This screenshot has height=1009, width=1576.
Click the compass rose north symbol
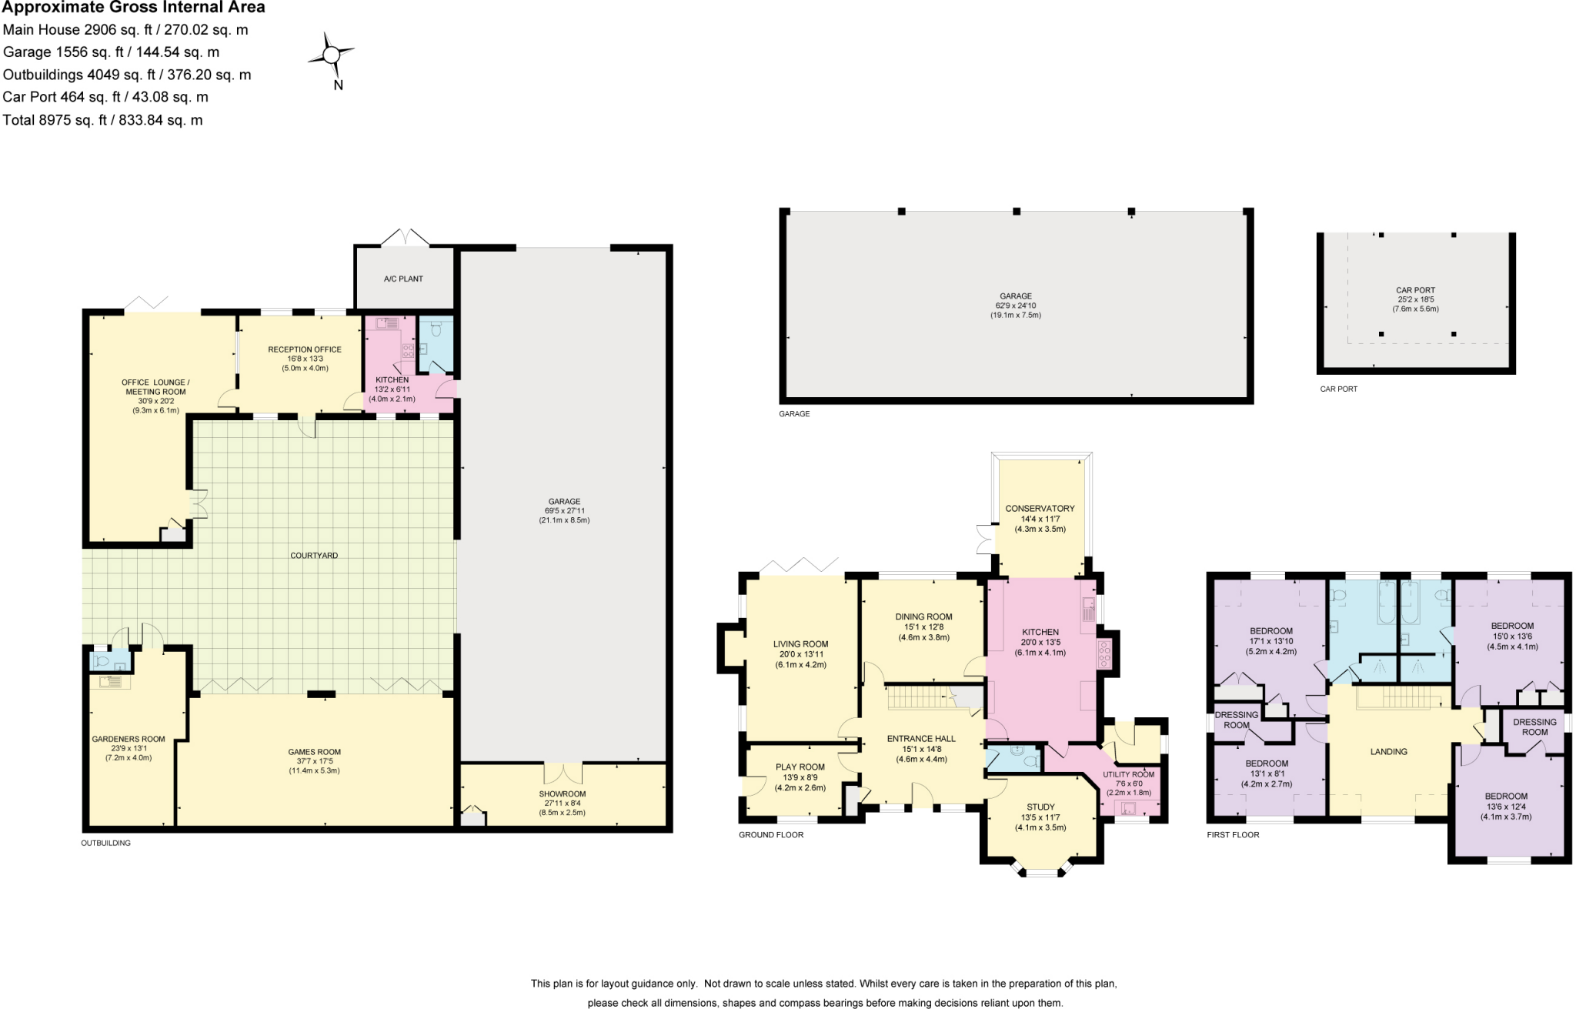(332, 56)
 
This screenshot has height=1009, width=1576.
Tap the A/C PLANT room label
(403, 279)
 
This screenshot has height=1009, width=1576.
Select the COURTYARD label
(314, 555)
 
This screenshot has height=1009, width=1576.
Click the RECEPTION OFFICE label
(305, 349)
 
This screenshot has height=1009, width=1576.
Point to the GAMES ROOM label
(314, 752)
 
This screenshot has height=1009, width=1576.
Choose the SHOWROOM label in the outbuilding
(562, 794)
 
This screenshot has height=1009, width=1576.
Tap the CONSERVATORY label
(1040, 508)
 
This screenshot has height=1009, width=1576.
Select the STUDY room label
(1040, 807)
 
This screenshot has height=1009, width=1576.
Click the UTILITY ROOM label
(1128, 774)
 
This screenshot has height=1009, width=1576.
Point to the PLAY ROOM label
(800, 767)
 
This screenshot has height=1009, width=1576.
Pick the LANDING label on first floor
(1388, 751)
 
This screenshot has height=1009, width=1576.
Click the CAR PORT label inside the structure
(1415, 290)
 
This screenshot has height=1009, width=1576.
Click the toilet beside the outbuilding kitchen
(436, 331)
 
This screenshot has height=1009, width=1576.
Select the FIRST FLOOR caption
(1233, 834)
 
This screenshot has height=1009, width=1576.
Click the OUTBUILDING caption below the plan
(105, 843)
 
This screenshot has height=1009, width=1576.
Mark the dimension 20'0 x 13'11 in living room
(800, 654)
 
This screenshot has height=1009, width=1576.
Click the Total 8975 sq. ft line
(102, 120)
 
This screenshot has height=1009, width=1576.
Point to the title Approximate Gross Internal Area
(134, 8)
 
